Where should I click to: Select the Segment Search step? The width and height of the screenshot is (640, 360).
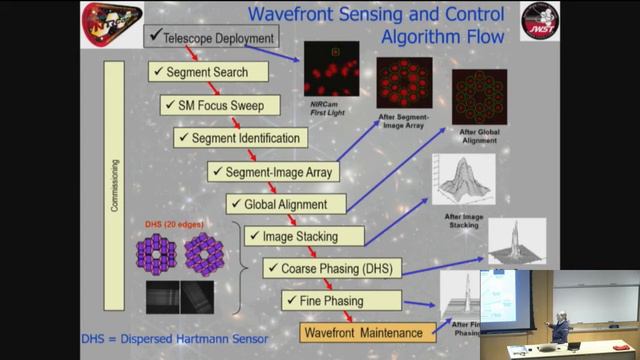pyautogui.click(x=211, y=72)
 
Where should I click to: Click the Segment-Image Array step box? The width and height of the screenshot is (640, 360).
pyautogui.click(x=270, y=171)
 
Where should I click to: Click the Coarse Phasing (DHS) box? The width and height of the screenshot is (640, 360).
pyautogui.click(x=330, y=268)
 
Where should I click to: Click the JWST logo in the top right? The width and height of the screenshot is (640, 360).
pyautogui.click(x=539, y=23)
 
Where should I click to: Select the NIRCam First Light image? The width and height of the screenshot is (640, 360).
pyautogui.click(x=330, y=70)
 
